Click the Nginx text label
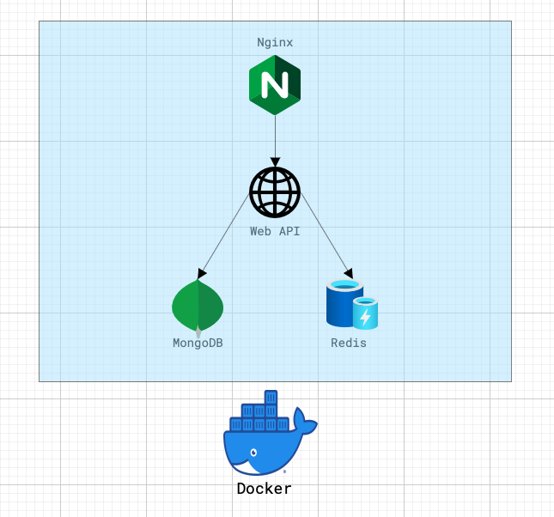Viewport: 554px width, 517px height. click(275, 43)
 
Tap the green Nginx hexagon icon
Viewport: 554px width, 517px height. click(275, 85)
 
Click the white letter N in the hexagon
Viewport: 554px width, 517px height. click(275, 85)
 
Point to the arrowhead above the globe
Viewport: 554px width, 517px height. click(275, 162)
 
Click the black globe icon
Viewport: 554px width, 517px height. click(275, 192)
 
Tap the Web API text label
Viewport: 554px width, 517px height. click(275, 232)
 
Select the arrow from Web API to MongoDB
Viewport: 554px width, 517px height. click(223, 236)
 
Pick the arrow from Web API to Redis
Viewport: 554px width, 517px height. click(326, 235)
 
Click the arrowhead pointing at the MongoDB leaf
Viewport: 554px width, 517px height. click(201, 273)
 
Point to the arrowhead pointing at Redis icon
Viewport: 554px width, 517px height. click(349, 273)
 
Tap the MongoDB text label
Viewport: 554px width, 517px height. click(198, 344)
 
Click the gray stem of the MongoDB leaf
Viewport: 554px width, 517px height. click(198, 332)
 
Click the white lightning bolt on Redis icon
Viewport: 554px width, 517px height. click(365, 318)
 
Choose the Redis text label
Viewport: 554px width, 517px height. click(349, 344)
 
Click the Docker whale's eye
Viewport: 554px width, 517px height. click(253, 453)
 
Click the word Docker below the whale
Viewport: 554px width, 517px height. click(265, 489)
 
